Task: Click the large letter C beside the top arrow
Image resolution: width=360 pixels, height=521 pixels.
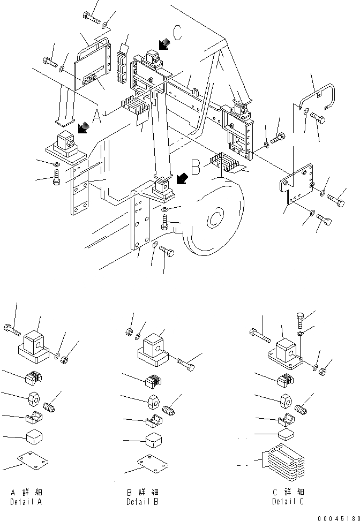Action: pos(177,33)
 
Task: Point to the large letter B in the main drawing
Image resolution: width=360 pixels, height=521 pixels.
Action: pos(196,168)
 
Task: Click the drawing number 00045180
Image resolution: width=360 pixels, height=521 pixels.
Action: pos(336,517)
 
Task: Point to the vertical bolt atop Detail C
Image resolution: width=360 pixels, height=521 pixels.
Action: pos(300,322)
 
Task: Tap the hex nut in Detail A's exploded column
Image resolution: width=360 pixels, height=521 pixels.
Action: pos(34,399)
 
